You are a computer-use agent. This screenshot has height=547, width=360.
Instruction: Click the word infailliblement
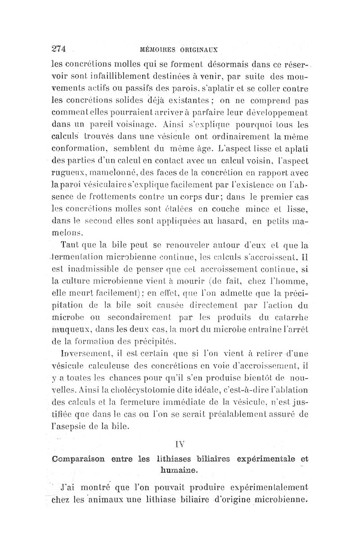[116, 72]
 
